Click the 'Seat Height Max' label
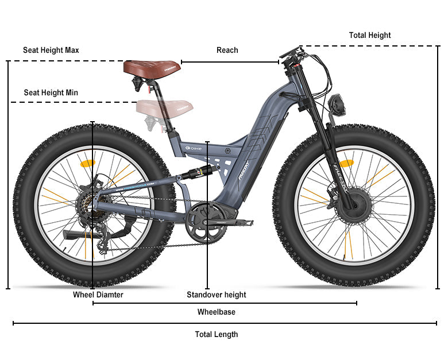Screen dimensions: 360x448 pos(51,50)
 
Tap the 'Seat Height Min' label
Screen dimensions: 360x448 pos(51,92)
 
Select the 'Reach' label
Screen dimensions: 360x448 pos(227,50)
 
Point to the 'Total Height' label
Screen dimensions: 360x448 pos(369,35)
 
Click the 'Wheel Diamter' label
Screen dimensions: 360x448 pos(98,295)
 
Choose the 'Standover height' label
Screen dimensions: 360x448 pos(216,295)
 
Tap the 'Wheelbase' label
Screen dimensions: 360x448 pos(216,312)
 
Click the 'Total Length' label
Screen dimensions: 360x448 pos(216,334)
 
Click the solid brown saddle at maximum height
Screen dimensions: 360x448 pos(152,67)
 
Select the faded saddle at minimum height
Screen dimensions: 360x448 pos(165,107)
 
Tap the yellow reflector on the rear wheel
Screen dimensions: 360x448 pos(87,163)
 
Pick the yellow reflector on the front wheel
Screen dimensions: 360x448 pos(346,164)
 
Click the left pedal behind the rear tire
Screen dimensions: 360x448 pos(78,235)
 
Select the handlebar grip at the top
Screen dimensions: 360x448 pos(290,53)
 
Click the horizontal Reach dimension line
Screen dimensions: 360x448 pos(230,62)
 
